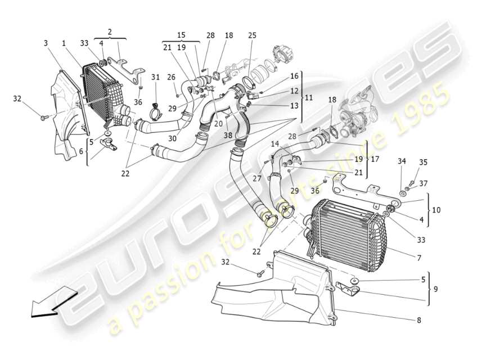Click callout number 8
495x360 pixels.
click(x=418, y=321)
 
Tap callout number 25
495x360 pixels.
click(x=251, y=35)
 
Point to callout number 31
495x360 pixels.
click(x=155, y=77)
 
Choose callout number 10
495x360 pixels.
click(x=436, y=210)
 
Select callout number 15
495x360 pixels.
click(x=181, y=35)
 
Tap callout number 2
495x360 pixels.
click(x=110, y=31)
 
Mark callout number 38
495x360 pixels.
click(x=227, y=136)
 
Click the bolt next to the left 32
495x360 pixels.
click(x=43, y=117)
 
